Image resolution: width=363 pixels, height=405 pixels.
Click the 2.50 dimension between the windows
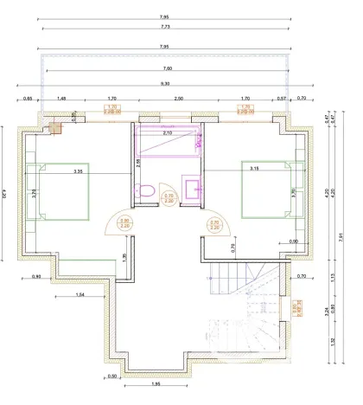[177, 100]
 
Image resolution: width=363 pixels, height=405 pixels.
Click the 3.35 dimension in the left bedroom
[78, 171]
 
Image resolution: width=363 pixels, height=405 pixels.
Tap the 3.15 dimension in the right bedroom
[257, 167]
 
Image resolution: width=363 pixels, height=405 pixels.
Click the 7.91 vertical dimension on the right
[343, 245]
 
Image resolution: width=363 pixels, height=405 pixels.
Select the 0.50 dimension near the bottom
[112, 376]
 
